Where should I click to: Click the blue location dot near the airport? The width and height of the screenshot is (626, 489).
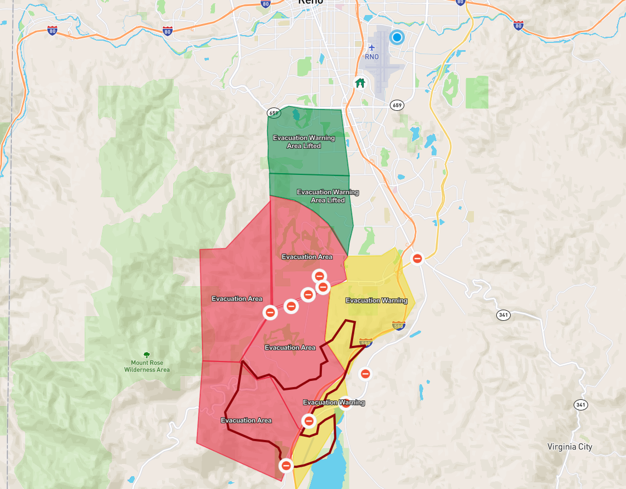[397, 37]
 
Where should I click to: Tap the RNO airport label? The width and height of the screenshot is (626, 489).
[371, 57]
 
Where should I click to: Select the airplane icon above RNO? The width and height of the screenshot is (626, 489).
[372, 47]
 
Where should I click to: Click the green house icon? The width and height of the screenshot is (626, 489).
[360, 84]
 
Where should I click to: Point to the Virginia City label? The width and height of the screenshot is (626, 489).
[570, 447]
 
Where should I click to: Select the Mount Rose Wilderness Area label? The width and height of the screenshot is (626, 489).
[147, 366]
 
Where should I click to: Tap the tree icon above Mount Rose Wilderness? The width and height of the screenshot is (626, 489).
[147, 355]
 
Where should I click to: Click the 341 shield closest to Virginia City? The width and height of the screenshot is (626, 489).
[581, 404]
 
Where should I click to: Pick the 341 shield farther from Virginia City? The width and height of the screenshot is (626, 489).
[503, 315]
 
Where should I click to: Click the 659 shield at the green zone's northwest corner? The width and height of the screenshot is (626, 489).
[273, 113]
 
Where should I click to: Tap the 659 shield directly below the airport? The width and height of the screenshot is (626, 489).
[397, 105]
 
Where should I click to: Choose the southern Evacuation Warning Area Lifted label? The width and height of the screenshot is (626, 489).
[328, 196]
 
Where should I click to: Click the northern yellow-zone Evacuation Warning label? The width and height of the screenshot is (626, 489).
[376, 301]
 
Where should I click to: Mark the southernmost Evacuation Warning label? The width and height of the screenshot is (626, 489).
[334, 402]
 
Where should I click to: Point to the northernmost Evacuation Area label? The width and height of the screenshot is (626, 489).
[307, 257]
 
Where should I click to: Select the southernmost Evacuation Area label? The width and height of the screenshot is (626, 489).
[246, 420]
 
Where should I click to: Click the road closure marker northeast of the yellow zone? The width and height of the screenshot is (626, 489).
[417, 258]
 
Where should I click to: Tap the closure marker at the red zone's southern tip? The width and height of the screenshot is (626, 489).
[286, 465]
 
